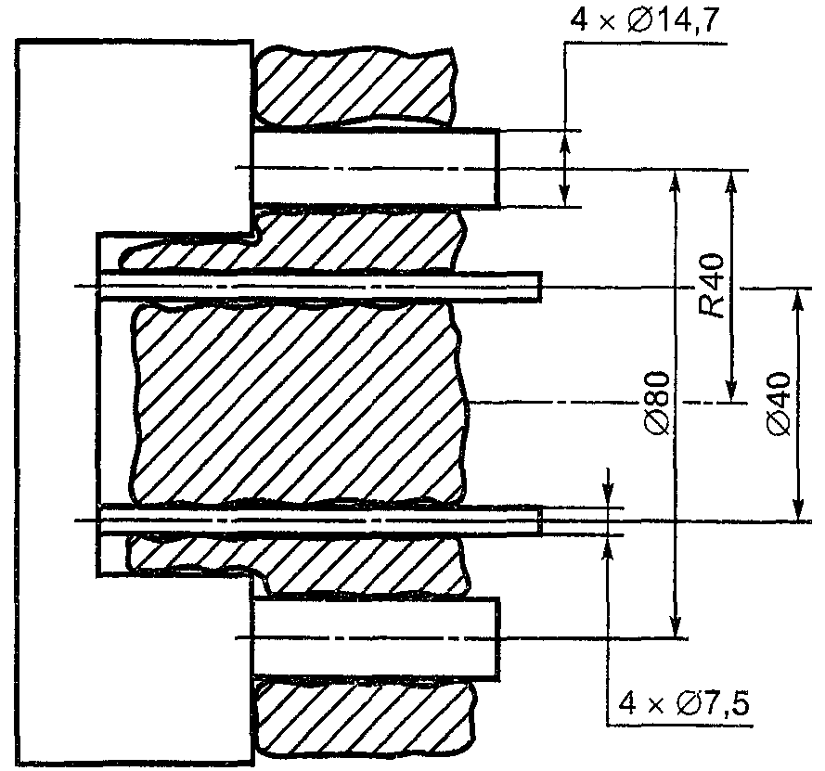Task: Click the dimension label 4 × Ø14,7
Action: click(644, 21)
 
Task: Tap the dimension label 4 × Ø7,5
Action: click(683, 703)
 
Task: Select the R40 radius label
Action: click(712, 287)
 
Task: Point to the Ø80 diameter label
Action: click(658, 404)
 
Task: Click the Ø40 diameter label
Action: click(780, 404)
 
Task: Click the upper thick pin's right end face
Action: click(497, 168)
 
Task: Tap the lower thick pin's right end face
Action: click(497, 638)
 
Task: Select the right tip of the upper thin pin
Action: click(541, 287)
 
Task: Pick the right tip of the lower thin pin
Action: click(541, 520)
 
